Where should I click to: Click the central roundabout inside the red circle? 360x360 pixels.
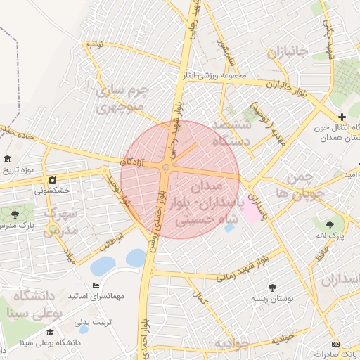166,167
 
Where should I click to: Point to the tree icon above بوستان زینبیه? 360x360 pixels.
272,287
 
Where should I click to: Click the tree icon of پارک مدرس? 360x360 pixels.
16,212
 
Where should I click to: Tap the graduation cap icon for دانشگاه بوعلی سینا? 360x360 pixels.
50,332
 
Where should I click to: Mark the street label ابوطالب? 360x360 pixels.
110,241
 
